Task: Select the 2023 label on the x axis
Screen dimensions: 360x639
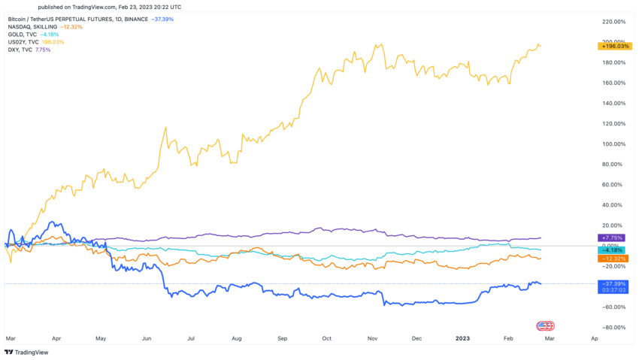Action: pos(464,339)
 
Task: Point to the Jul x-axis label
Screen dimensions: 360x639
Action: pos(192,339)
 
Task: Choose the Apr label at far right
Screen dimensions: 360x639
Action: pos(595,339)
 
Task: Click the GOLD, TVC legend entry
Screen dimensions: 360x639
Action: pos(23,34)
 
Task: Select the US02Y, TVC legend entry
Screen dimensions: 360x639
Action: pos(25,41)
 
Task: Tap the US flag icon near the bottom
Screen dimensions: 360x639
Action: pos(545,325)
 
